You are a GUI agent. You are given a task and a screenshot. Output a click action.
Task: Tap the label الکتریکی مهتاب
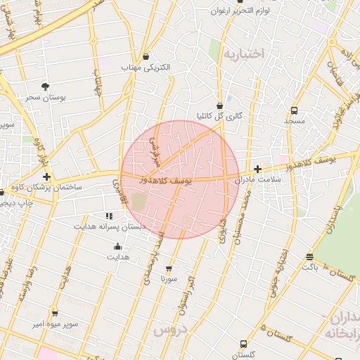(x=146, y=67)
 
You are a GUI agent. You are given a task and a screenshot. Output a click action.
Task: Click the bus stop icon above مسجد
(x=294, y=110)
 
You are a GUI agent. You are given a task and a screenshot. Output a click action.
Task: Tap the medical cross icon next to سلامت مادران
(x=258, y=169)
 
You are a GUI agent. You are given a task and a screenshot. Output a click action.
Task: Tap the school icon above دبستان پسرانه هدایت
(x=108, y=216)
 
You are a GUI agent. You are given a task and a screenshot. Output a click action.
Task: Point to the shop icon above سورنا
(x=169, y=268)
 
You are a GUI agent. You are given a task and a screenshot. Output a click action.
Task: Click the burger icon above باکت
(x=310, y=257)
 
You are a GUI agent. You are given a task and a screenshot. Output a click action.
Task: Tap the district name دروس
(x=172, y=328)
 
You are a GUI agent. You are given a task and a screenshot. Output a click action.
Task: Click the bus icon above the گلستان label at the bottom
(x=243, y=344)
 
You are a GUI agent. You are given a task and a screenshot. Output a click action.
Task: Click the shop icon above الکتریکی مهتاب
(x=146, y=56)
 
